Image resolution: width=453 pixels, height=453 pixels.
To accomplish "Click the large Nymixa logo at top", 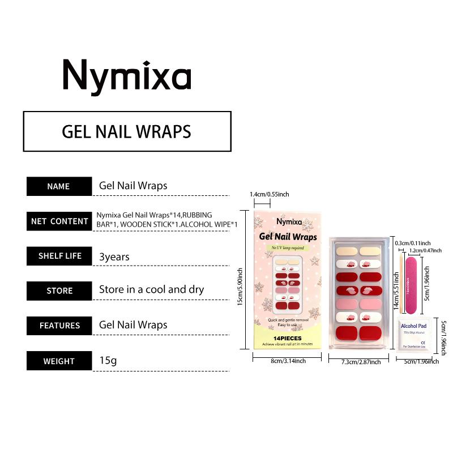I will [x=127, y=76].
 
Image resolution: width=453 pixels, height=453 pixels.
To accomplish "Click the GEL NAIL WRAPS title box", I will [x=127, y=131].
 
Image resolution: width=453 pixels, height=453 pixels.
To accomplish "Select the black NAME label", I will [x=59, y=186].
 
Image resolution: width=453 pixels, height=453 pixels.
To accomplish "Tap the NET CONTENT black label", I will [x=59, y=221].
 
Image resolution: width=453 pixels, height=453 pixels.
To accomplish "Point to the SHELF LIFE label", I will [x=59, y=256].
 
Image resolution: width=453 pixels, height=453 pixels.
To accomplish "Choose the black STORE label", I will [x=59, y=290].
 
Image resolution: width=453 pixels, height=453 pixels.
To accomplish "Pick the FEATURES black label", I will [x=59, y=326].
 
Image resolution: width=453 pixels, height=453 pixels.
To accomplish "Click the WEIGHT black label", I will [x=59, y=361].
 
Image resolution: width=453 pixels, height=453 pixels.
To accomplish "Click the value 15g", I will [x=108, y=360].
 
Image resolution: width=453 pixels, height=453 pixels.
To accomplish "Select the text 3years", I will [x=114, y=257].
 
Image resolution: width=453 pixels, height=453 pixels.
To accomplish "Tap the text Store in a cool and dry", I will [x=152, y=289].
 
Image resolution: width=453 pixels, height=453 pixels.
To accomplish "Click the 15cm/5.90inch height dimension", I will [x=241, y=280].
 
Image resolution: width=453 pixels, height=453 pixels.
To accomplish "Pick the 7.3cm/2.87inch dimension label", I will [x=361, y=362].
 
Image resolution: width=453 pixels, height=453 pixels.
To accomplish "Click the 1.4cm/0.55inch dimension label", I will [x=270, y=194].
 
